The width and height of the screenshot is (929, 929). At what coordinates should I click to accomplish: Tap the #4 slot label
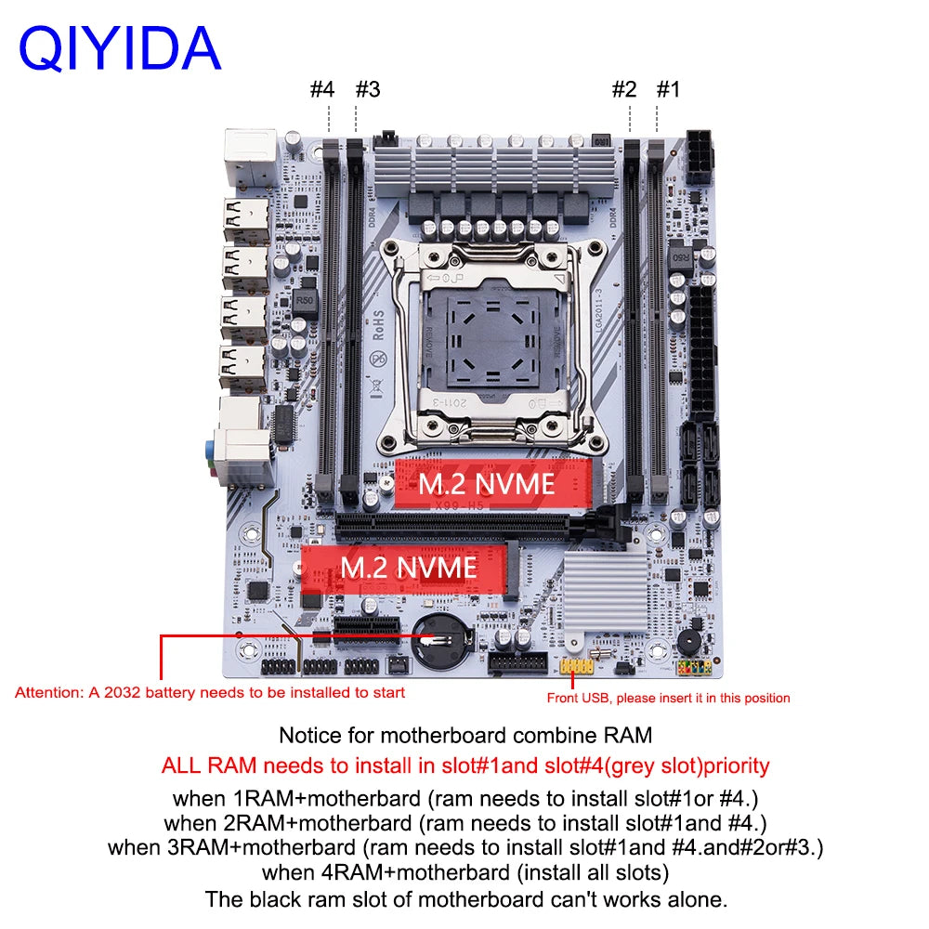pyautogui.click(x=321, y=90)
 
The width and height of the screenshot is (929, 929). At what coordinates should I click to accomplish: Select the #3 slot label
pyautogui.click(x=368, y=90)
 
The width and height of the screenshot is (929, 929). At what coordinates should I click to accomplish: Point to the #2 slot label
pyautogui.click(x=623, y=90)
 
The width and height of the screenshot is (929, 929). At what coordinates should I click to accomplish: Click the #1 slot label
pyautogui.click(x=669, y=90)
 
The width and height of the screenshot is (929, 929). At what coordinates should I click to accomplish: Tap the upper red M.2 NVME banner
pyautogui.click(x=486, y=483)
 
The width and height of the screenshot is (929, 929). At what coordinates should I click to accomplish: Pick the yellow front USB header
pyautogui.click(x=578, y=667)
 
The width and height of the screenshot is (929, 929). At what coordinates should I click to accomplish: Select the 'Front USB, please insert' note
pyautogui.click(x=668, y=698)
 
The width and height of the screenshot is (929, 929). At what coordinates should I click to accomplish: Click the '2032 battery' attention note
pyautogui.click(x=210, y=692)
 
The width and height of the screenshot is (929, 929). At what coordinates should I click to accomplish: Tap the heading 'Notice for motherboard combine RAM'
pyautogui.click(x=465, y=735)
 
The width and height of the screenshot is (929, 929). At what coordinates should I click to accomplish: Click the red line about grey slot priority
pyautogui.click(x=465, y=766)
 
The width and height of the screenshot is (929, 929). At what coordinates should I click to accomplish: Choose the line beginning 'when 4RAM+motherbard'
pyautogui.click(x=464, y=872)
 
